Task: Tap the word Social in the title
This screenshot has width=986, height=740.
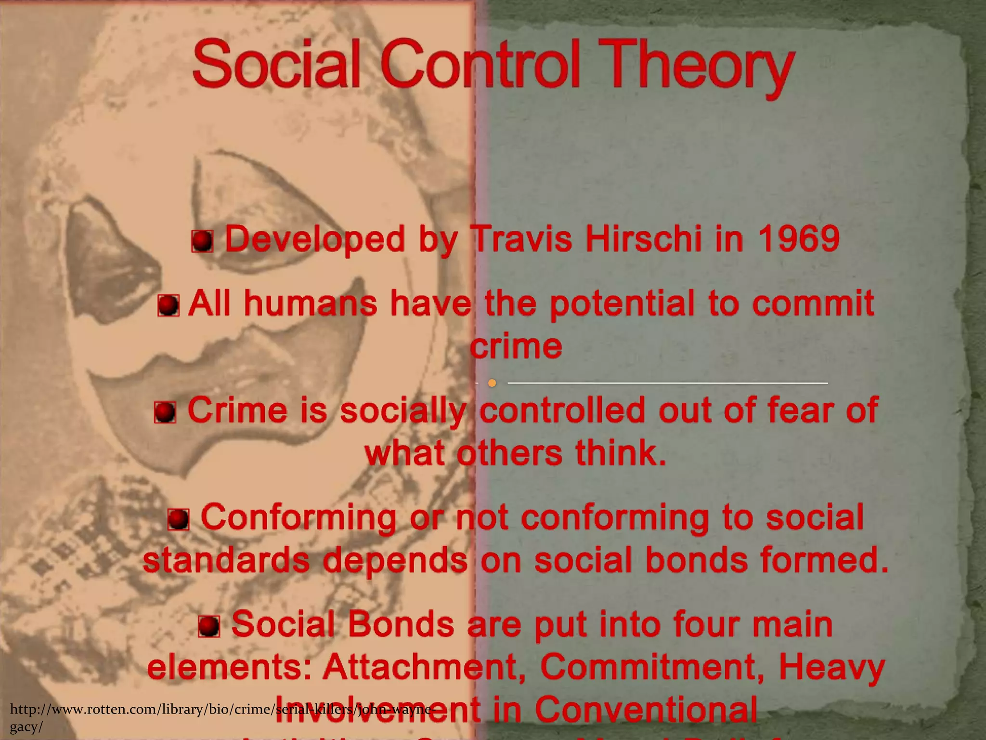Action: (277, 65)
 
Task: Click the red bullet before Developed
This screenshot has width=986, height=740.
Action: (202, 241)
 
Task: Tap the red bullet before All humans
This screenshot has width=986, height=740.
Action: (169, 305)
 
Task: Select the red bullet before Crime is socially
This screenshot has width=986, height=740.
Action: (165, 412)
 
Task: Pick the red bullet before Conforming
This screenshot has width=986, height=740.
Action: (178, 519)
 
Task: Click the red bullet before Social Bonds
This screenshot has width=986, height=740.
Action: (209, 626)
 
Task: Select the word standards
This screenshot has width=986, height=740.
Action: (226, 561)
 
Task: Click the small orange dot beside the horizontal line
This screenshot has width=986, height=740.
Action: (492, 383)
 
